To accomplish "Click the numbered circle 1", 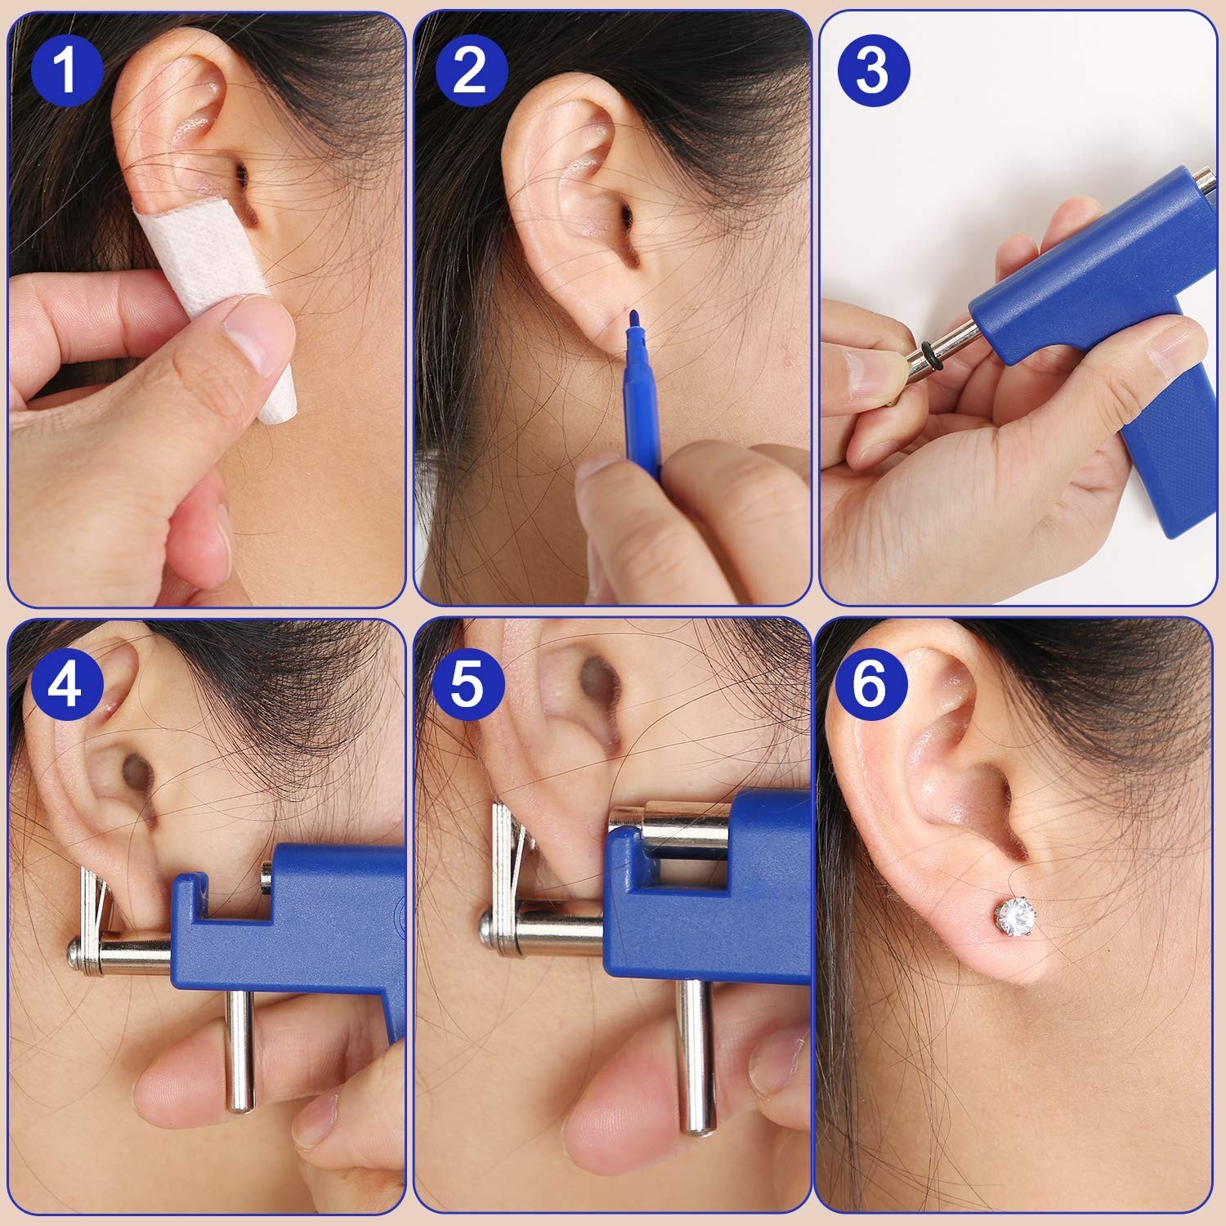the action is pos(67,69).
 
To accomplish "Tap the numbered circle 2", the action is pos(471,69).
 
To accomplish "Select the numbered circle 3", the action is pos(872,69).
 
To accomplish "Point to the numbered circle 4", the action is pos(67,682).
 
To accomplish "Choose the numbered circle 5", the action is pos(467,682).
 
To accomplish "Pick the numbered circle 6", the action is pos(870,682).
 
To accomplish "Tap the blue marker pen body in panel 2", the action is pos(641,400).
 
